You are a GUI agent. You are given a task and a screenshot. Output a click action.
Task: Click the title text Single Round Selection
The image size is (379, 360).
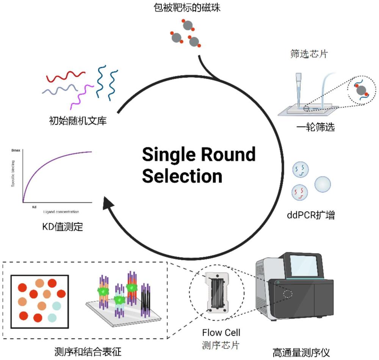point(199,165)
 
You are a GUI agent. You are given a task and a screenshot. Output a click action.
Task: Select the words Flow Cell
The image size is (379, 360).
point(221,333)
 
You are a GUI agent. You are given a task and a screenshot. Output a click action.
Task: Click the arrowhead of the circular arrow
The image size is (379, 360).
point(109,205)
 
